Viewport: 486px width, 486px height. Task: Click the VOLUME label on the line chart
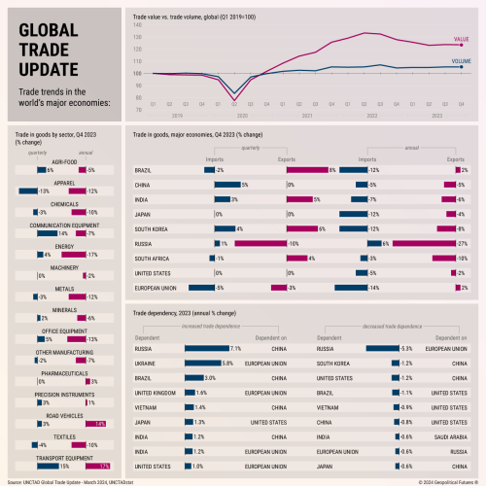461,60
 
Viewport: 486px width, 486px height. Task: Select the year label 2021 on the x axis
307,114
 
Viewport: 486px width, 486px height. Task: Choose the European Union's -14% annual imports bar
349,288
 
